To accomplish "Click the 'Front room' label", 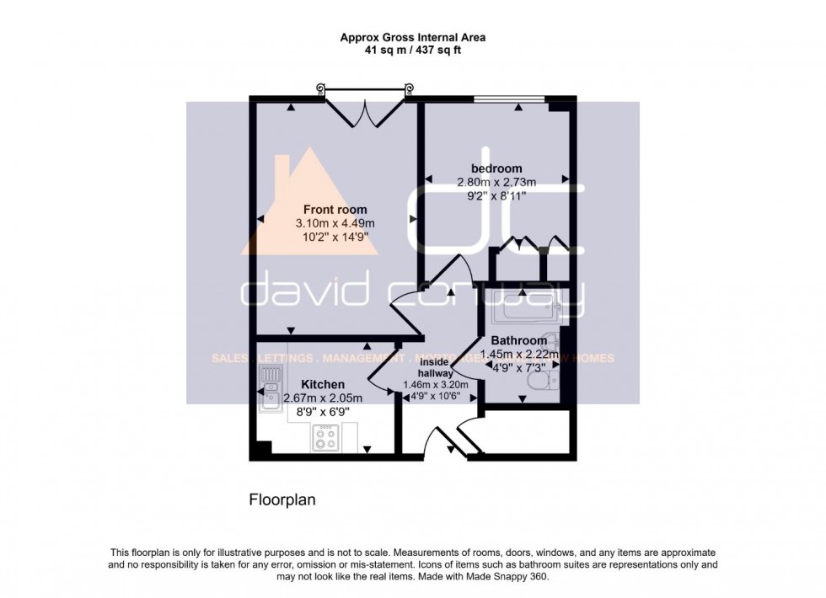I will coord(335,210).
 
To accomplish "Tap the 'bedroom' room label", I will coord(495,168).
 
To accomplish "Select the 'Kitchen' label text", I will coord(322,384).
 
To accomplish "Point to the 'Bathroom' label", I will coord(518,341).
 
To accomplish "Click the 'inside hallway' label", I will coord(436,367).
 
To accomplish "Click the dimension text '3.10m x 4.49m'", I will coord(335,223).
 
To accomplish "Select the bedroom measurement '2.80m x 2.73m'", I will coord(495,182).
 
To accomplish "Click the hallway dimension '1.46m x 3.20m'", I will coord(436,384).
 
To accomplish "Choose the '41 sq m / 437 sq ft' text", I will coord(413,51).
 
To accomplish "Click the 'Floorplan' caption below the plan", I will coord(282,499).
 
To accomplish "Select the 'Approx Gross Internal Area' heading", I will coord(413,37).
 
